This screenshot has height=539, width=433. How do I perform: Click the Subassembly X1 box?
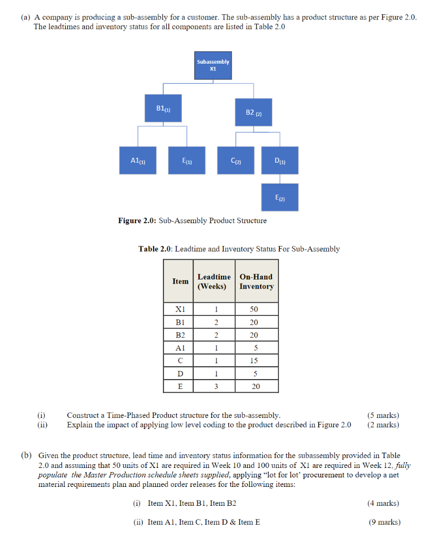pyautogui.click(x=213, y=65)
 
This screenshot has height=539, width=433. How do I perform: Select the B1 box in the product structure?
pyautogui.click(x=164, y=108)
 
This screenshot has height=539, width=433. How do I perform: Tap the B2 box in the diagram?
pyautogui.click(x=254, y=112)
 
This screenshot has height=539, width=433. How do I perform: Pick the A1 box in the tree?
pyautogui.click(x=138, y=160)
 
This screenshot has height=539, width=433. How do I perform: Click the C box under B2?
pyautogui.click(x=236, y=161)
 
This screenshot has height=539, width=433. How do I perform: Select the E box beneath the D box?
pyautogui.click(x=280, y=197)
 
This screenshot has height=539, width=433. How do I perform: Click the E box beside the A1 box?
pyautogui.click(x=186, y=160)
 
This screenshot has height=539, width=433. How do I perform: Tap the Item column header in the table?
pyautogui.click(x=180, y=281)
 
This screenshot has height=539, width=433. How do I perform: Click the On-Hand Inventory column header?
pyautogui.click(x=256, y=281)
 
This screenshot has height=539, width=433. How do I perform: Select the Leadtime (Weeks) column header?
pyautogui.click(x=214, y=281)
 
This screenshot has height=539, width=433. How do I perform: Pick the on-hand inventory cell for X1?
pyautogui.click(x=254, y=310)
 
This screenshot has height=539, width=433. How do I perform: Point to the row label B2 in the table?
pyautogui.click(x=180, y=335)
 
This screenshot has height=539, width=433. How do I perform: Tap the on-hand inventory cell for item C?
pyautogui.click(x=254, y=361)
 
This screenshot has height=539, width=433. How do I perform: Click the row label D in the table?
pyautogui.click(x=180, y=374)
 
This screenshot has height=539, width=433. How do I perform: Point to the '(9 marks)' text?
pyautogui.click(x=384, y=522)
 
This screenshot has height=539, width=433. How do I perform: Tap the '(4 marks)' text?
pyautogui.click(x=383, y=503)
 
